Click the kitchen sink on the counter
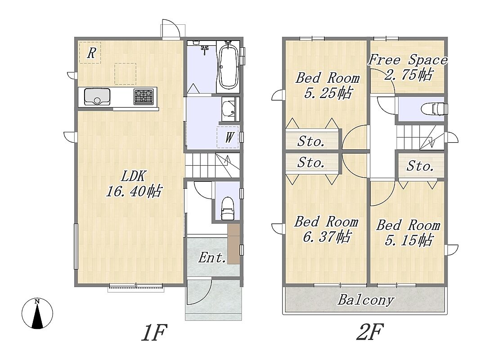click(97, 96)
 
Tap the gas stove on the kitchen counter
click(143, 96)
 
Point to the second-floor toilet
click(434, 109)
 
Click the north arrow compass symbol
click(37, 314)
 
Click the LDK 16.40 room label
click(134, 184)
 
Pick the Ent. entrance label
click(212, 257)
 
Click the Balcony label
click(365, 300)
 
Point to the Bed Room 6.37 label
click(326, 229)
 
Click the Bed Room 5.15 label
click(408, 233)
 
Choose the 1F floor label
click(154, 333)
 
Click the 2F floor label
click(370, 332)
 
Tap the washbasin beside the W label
click(229, 109)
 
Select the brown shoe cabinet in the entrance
click(233, 243)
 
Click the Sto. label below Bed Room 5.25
click(311, 141)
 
